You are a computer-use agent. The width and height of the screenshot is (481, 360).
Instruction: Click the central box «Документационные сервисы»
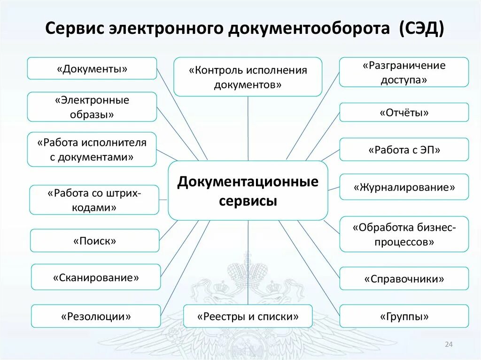tap(248, 191)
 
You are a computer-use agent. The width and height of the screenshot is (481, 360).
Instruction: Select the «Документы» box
tap(92, 69)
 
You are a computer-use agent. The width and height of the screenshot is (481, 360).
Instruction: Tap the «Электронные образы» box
tap(92, 107)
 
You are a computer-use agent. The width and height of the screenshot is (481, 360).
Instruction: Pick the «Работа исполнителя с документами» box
tap(92, 149)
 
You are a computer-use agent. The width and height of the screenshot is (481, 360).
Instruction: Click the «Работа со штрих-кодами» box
tap(94, 200)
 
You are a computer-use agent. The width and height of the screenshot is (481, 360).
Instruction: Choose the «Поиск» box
tap(94, 241)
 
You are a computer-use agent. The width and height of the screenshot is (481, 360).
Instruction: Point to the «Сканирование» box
tap(96, 277)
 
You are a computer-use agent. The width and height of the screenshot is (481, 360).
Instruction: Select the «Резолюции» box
tap(96, 316)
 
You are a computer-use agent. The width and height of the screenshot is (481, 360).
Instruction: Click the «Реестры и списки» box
tap(248, 316)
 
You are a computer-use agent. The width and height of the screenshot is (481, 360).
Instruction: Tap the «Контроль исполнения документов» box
tap(248, 77)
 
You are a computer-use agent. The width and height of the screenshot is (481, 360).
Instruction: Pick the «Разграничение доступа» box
tap(403, 72)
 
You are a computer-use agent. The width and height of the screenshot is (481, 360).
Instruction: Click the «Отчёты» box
tap(403, 113)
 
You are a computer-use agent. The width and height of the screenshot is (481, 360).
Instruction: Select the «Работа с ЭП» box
tap(403, 150)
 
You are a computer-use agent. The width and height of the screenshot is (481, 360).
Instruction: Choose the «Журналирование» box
tap(403, 187)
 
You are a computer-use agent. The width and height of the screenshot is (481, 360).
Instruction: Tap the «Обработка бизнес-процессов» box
tap(403, 234)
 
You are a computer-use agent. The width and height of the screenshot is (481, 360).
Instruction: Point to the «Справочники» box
tap(403, 279)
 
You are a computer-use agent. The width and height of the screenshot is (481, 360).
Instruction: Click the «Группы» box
tap(403, 316)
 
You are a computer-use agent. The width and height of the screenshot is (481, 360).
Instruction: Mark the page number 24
tap(448, 345)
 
